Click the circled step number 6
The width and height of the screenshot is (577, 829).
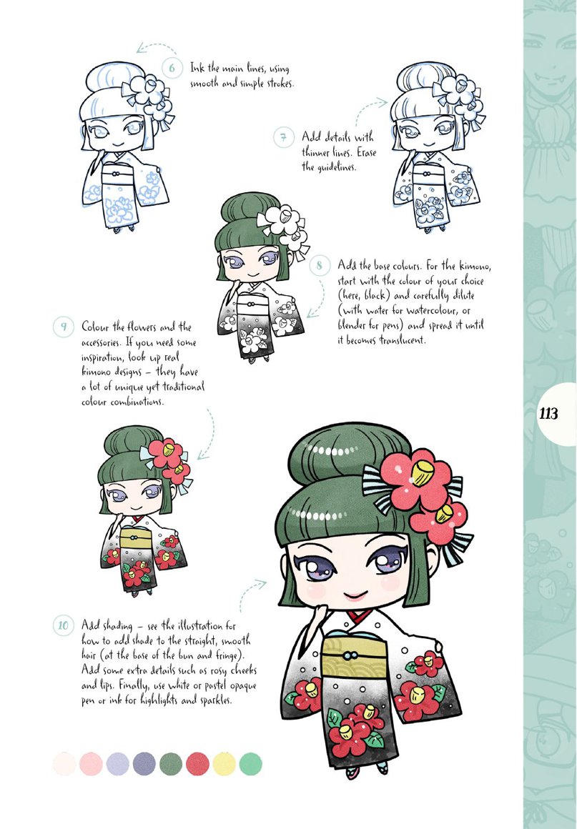pyautogui.click(x=172, y=69)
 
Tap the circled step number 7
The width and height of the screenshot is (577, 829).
pyautogui.click(x=284, y=136)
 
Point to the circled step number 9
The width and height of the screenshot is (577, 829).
pyautogui.click(x=64, y=328)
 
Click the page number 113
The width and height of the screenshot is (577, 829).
pyautogui.click(x=549, y=414)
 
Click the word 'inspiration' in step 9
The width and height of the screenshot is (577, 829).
pyautogui.click(x=108, y=357)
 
